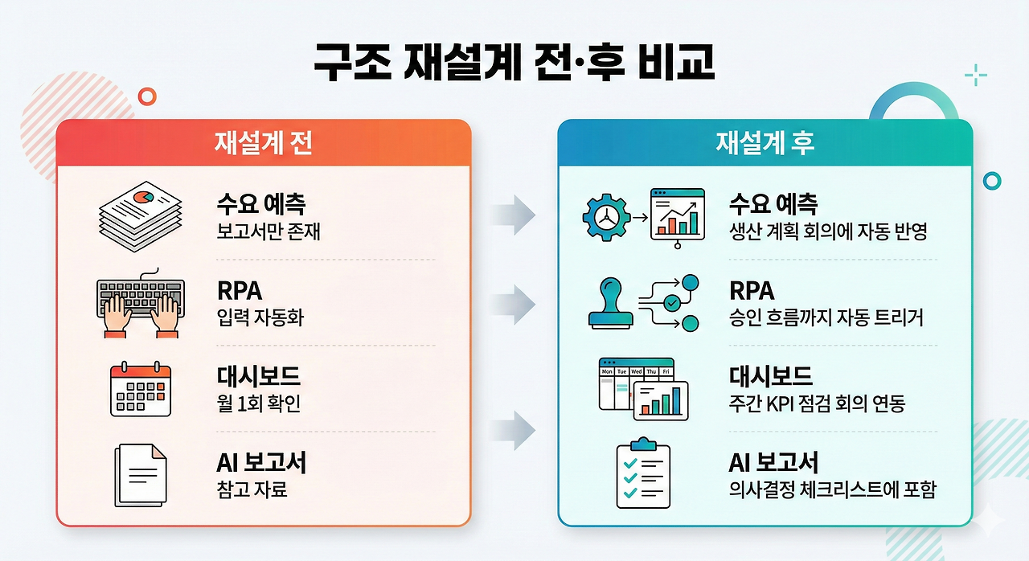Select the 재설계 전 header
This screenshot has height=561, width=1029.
pos(263,142)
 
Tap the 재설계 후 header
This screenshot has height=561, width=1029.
pos(765,142)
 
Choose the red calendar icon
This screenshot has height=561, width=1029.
pos(141,390)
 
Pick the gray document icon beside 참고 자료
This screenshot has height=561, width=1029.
pos(141,475)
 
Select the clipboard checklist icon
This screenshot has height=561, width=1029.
pos(642,473)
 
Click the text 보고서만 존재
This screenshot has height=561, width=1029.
pos(269,232)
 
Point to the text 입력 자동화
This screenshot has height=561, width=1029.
pos(260,318)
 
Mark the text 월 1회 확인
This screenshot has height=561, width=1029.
pos(258,403)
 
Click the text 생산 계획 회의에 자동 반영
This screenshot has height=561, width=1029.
pos(828,232)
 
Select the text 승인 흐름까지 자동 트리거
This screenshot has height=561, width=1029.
pos(826,318)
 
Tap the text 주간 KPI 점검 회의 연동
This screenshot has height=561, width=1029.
pos(817,403)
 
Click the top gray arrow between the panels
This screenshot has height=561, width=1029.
pos(514,215)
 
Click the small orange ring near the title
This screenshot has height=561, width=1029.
pos(147,96)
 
